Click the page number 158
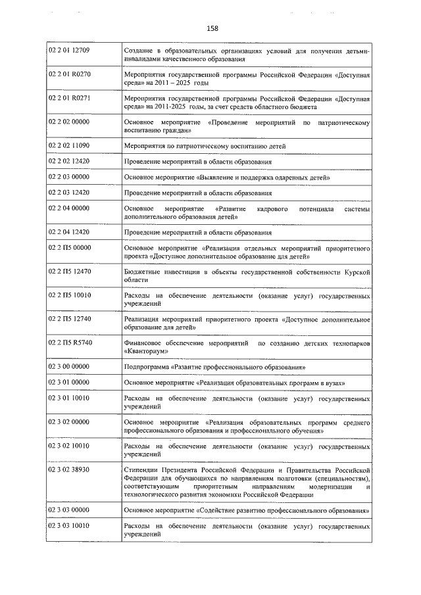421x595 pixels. pyautogui.click(x=212, y=28)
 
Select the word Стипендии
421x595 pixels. pyautogui.click(x=141, y=470)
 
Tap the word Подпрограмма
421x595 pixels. pyautogui.click(x=146, y=366)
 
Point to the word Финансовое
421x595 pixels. pyautogui.click(x=145, y=343)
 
